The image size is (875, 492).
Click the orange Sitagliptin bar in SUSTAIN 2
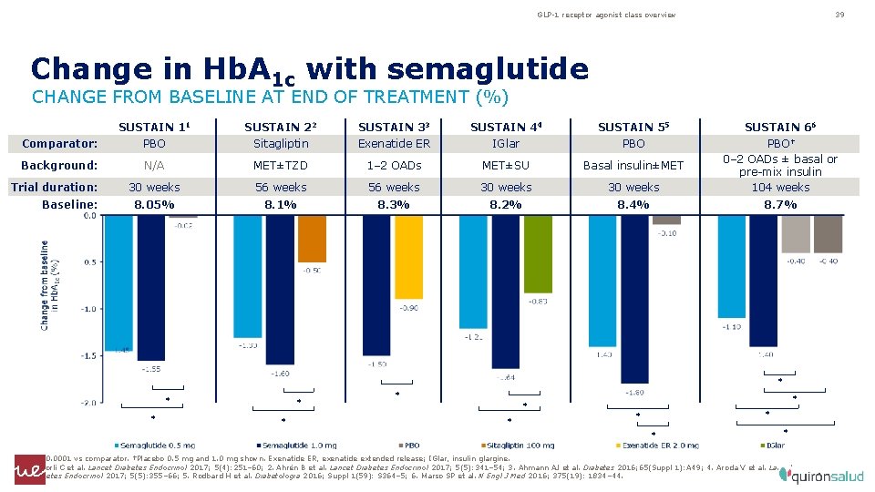[312, 239]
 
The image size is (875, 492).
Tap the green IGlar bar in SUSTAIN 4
[537, 254]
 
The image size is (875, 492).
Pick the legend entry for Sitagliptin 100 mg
[513, 446]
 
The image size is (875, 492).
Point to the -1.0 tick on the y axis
[87, 309]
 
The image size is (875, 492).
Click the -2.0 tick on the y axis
[87, 403]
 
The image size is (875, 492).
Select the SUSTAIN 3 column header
[394, 128]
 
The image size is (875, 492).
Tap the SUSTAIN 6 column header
[780, 128]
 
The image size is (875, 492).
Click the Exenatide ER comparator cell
[394, 144]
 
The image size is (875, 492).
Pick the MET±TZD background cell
[282, 165]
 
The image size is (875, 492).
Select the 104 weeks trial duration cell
[780, 187]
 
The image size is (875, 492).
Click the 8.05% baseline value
[154, 205]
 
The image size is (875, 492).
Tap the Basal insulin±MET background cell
[633, 165]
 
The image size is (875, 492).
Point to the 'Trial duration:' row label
[54, 187]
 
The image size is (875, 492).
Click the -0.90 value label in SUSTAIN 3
[408, 308]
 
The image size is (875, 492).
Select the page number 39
[839, 15]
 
